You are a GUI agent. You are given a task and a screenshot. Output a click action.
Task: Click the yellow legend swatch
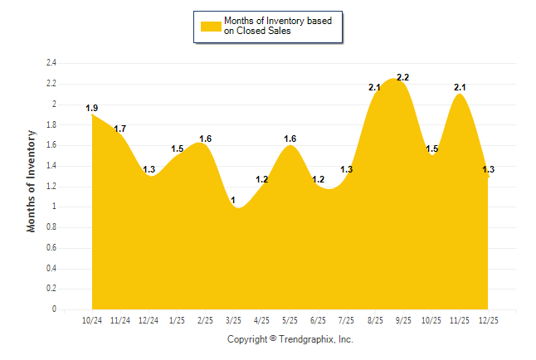210,26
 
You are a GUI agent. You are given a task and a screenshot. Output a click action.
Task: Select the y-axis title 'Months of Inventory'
32,180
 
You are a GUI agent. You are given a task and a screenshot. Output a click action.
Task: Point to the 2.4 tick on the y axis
51,63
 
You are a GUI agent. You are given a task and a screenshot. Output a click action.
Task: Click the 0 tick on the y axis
54,309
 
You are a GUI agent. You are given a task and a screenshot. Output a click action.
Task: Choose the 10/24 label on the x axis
91,320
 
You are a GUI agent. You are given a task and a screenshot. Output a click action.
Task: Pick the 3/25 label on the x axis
233,320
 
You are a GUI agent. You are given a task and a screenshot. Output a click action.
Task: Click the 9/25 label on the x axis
403,320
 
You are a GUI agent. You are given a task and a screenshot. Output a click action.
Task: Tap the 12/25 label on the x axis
488,320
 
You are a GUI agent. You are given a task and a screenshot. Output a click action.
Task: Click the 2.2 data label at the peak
403,77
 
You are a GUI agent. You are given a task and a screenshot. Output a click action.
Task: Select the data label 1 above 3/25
233,200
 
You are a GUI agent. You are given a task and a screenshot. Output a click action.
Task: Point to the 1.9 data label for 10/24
92,108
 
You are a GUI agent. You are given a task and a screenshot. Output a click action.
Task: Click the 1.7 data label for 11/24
120,129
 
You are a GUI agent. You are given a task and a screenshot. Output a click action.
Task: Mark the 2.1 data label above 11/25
460,87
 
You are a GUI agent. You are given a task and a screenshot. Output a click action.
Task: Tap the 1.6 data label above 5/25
290,139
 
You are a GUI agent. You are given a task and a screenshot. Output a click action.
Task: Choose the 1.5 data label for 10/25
431,148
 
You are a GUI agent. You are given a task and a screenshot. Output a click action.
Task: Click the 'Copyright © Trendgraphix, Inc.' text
290,339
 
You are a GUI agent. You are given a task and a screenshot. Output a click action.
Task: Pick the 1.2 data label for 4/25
262,179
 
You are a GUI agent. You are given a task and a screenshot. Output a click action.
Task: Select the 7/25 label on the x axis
347,320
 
